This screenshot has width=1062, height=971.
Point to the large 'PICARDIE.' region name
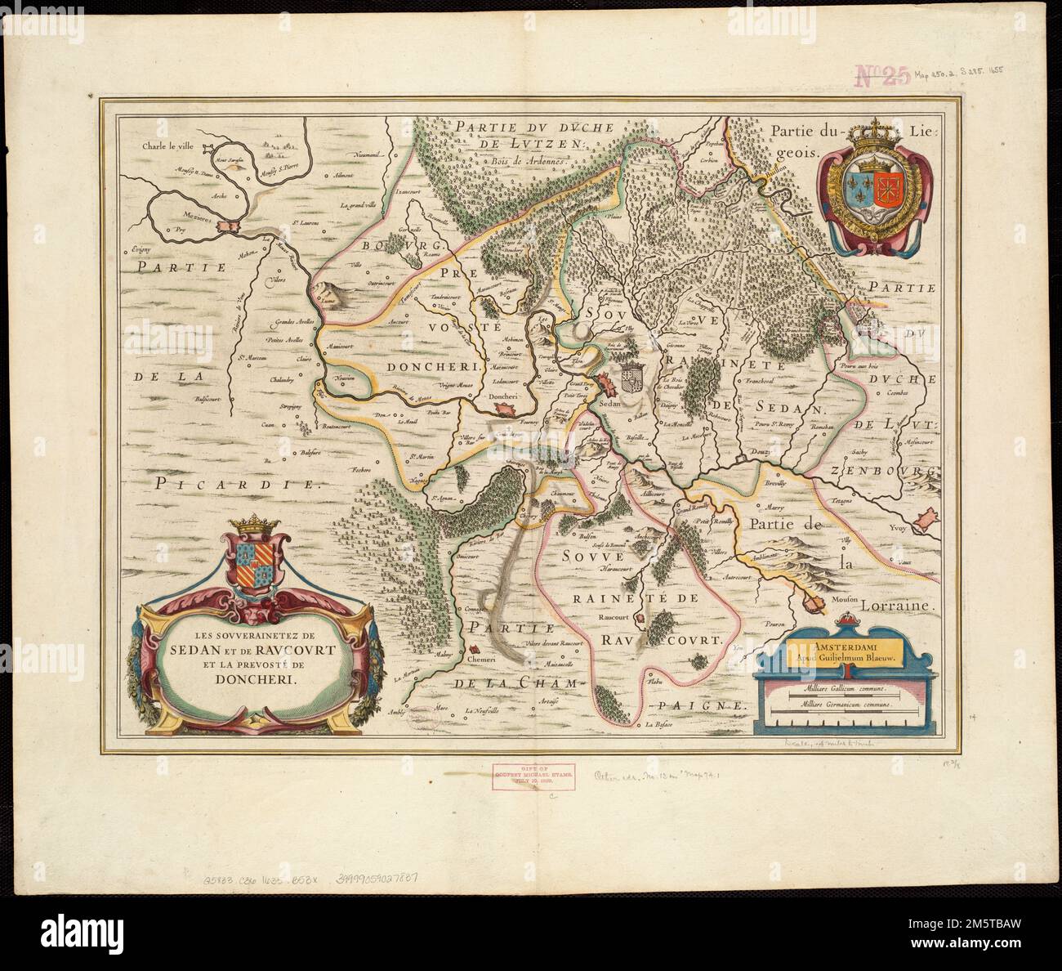(237, 484)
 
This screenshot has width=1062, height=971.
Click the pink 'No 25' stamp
(881, 76)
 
